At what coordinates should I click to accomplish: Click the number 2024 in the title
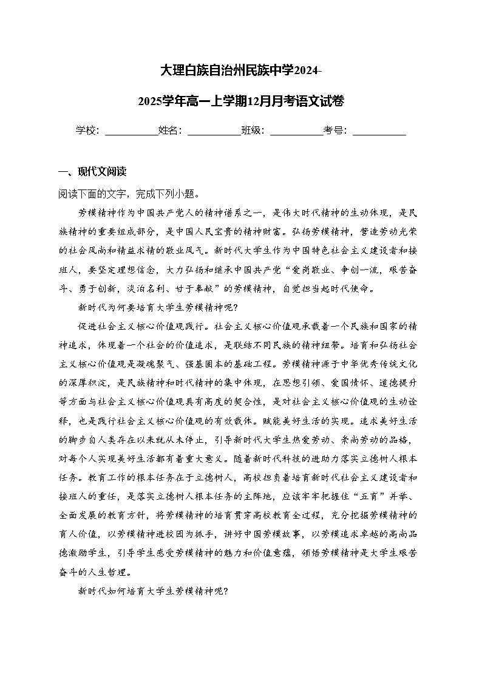[x=305, y=71]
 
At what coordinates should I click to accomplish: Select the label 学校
[x=87, y=131]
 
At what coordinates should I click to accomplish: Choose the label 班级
[x=252, y=131]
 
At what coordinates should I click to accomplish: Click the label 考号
[x=334, y=131]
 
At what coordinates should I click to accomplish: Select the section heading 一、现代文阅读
[x=92, y=172]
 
